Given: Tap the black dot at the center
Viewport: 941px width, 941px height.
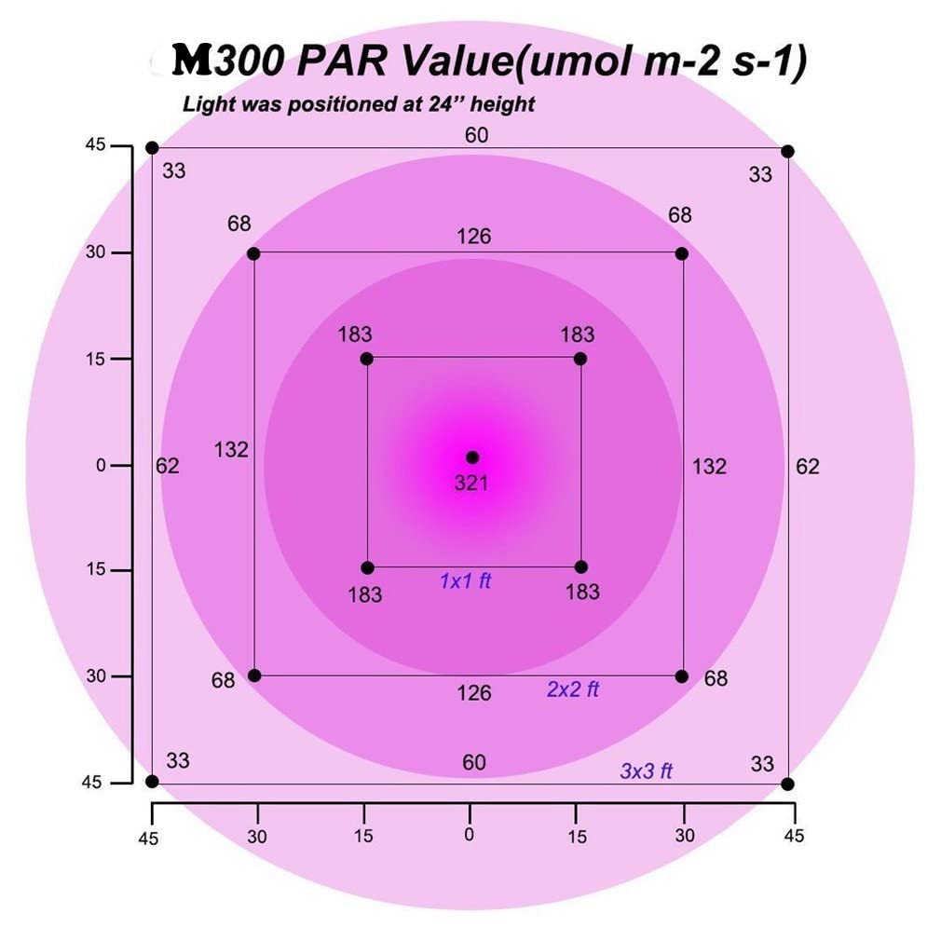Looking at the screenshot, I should pos(472,457).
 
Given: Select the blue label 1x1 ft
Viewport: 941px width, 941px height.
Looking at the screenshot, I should pos(465,581).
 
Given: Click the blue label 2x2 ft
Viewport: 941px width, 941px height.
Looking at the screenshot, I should pos(572,690).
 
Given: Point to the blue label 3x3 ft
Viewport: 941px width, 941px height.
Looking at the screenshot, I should pos(646,771).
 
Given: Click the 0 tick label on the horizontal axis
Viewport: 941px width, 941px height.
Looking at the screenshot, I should pos(470,834).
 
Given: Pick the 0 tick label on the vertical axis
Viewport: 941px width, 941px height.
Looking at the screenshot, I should pos(101,465).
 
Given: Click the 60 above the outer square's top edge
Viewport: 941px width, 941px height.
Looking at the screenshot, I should pos(476,136).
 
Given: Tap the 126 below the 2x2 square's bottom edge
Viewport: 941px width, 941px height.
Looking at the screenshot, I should pos(473,692).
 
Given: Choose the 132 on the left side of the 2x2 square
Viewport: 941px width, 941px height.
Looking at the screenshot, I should pos(231,450).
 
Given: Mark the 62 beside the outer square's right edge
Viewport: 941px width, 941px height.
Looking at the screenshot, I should pos(807,467).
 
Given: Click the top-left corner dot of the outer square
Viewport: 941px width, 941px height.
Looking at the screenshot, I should pos(153,148).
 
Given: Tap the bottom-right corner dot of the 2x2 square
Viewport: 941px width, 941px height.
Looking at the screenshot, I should pos(681,676).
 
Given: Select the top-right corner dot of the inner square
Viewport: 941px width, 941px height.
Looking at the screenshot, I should pos(580,359).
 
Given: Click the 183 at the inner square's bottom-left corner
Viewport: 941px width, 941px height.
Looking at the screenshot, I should pos(364,593).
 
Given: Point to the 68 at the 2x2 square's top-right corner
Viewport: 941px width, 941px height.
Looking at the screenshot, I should pos(680,215).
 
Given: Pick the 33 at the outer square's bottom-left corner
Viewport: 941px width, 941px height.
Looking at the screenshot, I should pos(177,760).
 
